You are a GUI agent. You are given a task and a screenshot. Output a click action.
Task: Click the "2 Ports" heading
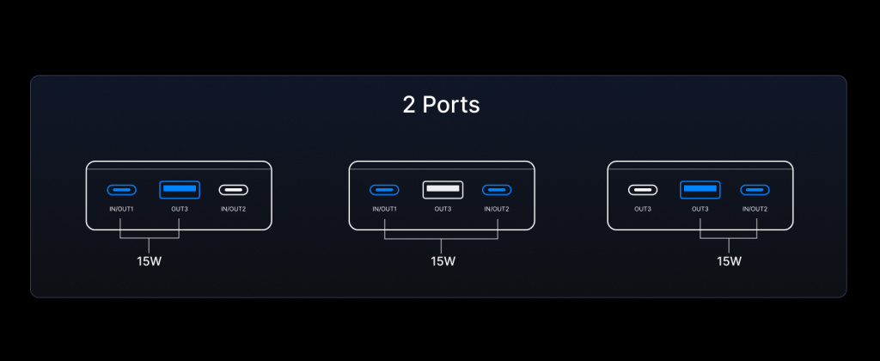(x=441, y=105)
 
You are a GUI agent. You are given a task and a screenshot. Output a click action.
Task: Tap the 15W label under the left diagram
(x=150, y=261)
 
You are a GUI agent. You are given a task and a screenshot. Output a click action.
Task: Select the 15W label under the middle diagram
(x=443, y=261)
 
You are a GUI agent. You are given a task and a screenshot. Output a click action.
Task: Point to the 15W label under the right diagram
(x=729, y=261)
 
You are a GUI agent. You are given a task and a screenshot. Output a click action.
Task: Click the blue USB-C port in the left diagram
(x=122, y=190)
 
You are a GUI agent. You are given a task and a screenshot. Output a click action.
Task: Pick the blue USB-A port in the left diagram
(x=180, y=190)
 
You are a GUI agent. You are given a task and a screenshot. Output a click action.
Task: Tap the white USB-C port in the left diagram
(x=234, y=190)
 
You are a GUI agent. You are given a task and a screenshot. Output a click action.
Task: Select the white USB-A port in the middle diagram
(x=443, y=190)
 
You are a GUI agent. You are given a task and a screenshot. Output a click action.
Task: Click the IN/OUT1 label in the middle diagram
(x=384, y=210)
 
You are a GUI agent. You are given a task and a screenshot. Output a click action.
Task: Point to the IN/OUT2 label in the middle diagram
(x=497, y=210)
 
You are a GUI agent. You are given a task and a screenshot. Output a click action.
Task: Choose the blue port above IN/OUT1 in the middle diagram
(x=384, y=190)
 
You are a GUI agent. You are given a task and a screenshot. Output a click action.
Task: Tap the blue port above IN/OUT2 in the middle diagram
(x=497, y=190)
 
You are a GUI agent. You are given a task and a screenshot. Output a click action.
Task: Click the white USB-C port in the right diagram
(x=643, y=190)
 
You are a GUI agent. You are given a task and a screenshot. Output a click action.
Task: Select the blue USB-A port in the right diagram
(x=700, y=190)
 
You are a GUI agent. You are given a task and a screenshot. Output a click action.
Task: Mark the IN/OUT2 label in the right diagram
(x=755, y=210)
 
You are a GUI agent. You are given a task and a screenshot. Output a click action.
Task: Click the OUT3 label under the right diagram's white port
(x=643, y=210)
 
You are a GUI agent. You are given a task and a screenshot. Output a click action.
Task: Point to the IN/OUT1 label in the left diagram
(x=122, y=210)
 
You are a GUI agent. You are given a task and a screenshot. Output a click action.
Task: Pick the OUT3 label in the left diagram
(x=180, y=210)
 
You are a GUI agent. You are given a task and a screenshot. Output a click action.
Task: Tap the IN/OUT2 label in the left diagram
(x=234, y=210)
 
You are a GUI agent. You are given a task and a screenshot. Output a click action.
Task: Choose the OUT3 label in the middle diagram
(x=443, y=210)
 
